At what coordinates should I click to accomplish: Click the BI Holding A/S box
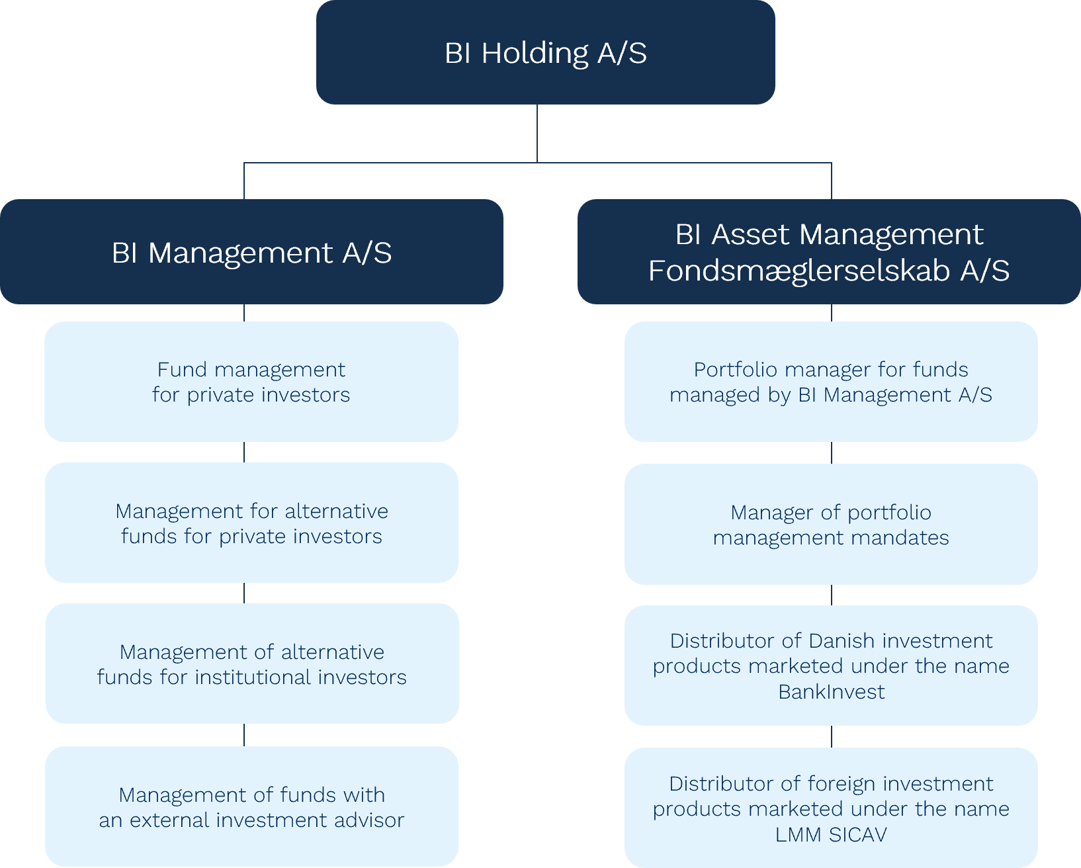tap(545, 53)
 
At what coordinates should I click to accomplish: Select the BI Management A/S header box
tap(251, 252)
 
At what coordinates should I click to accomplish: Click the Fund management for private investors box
tap(251, 382)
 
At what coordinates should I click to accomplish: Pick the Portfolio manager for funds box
tap(831, 382)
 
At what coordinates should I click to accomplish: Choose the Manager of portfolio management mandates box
tap(831, 524)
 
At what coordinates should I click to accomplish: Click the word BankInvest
tap(831, 692)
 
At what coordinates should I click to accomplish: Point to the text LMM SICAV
tap(831, 835)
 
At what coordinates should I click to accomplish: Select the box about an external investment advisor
tap(251, 806)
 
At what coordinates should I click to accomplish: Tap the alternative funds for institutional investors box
tap(251, 664)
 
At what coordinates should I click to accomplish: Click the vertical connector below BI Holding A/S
tap(537, 133)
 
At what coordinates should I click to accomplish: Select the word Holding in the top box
tap(535, 53)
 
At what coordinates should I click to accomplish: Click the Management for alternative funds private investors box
tap(251, 523)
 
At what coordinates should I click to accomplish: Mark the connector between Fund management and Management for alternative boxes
tap(244, 452)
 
